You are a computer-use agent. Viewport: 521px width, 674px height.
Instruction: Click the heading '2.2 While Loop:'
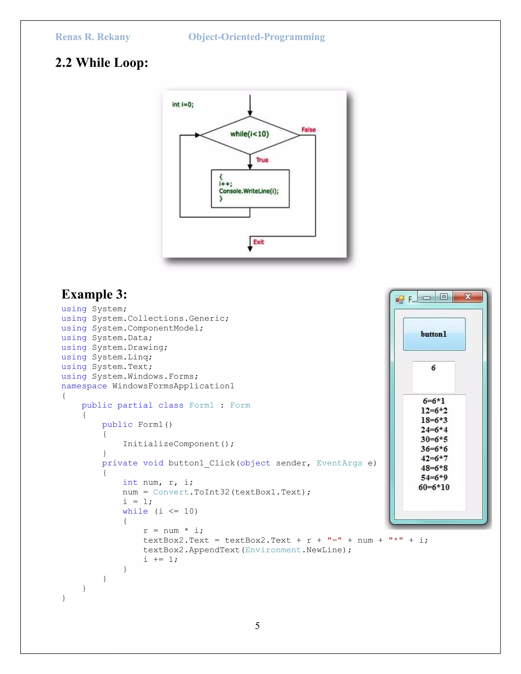102,63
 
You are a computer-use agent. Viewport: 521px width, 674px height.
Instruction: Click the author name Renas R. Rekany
93,37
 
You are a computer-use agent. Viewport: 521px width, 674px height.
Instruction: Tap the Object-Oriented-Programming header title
256,37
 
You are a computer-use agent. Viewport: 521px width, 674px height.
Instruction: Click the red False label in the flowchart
308,130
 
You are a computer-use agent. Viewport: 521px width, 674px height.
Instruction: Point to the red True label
262,160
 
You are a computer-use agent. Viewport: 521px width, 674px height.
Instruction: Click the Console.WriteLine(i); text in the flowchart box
249,191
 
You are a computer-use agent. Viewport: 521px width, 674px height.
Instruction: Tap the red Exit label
259,242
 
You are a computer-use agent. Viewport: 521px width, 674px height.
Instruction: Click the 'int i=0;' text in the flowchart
183,105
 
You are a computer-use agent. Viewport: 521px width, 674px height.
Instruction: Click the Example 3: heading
94,294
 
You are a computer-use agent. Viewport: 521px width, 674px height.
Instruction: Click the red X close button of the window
467,297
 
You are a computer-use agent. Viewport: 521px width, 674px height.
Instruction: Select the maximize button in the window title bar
444,297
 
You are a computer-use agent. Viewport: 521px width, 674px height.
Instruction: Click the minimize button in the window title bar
427,297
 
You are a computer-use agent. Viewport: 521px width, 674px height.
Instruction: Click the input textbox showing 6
433,376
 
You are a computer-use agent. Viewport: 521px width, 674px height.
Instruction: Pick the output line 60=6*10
434,487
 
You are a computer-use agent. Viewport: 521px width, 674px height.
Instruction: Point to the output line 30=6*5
434,439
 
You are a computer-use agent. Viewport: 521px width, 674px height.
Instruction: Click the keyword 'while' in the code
135,511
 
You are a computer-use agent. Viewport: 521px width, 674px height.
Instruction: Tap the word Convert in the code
171,492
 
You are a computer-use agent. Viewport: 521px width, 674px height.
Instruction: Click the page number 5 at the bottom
257,626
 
